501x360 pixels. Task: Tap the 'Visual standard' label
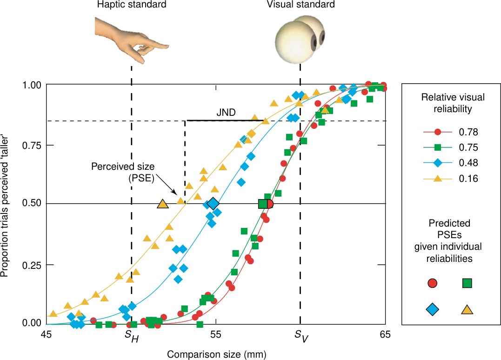click(x=300, y=5)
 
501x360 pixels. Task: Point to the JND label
click(x=226, y=113)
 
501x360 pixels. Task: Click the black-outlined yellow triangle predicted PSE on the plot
click(x=163, y=204)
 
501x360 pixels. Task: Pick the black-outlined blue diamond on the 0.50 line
click(x=213, y=203)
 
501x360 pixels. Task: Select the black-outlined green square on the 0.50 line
click(x=263, y=204)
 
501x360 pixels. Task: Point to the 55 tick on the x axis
click(x=215, y=334)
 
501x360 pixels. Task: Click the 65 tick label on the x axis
click(x=385, y=334)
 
